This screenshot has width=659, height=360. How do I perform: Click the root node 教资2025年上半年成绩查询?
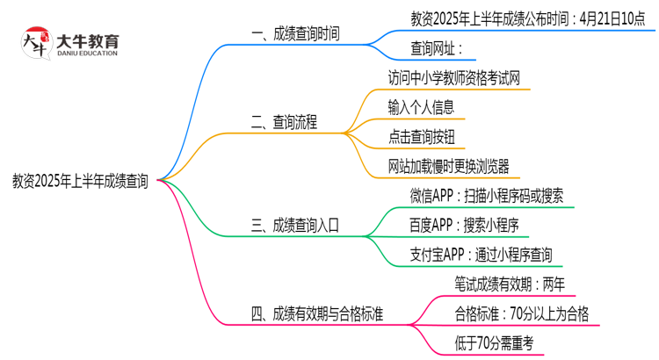click(80, 182)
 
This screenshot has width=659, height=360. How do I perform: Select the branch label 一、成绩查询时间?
click(295, 34)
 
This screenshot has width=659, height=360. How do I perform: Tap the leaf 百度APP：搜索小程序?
click(464, 226)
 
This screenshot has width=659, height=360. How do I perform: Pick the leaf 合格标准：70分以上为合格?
click(522, 313)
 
